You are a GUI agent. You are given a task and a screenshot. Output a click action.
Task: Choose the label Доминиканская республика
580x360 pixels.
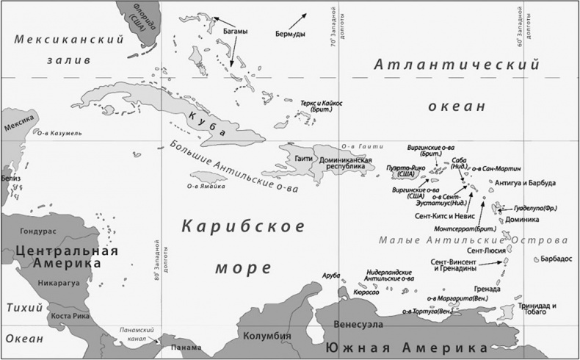[340, 162]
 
